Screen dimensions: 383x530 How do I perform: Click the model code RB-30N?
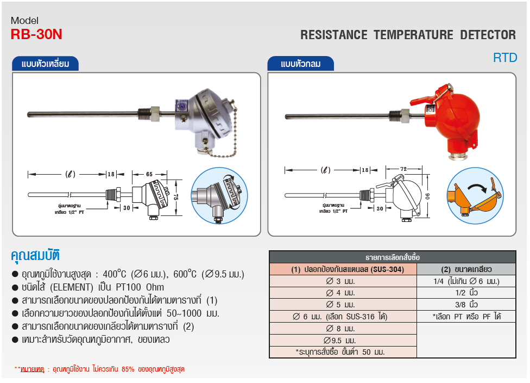click(36, 34)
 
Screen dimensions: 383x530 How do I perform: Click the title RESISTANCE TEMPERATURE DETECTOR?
click(408, 35)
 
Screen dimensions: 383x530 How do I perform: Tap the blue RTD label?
click(505, 58)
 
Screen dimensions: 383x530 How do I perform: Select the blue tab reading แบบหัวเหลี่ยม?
click(46, 64)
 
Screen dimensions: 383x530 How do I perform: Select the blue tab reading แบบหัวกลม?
click(300, 64)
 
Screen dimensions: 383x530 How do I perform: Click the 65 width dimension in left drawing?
click(149, 174)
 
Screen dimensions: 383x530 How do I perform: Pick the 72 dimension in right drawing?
click(403, 170)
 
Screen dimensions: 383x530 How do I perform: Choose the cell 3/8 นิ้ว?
click(466, 305)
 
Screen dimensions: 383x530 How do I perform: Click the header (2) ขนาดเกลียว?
click(466, 269)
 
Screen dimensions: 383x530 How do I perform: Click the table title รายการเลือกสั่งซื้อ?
click(392, 257)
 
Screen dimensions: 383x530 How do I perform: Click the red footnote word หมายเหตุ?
click(33, 369)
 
